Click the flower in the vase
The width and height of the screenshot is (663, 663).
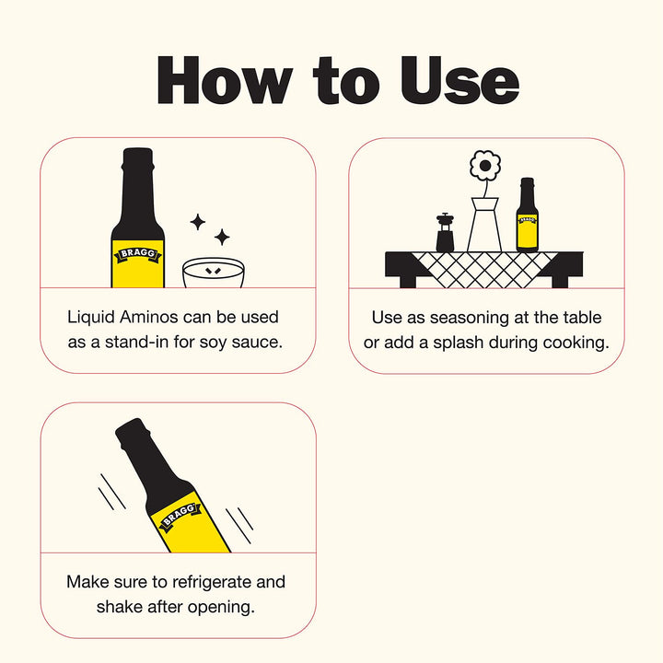coord(484,167)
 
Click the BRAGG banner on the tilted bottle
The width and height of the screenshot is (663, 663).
coord(180,516)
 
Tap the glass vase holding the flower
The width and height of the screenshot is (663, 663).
coord(484,226)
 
